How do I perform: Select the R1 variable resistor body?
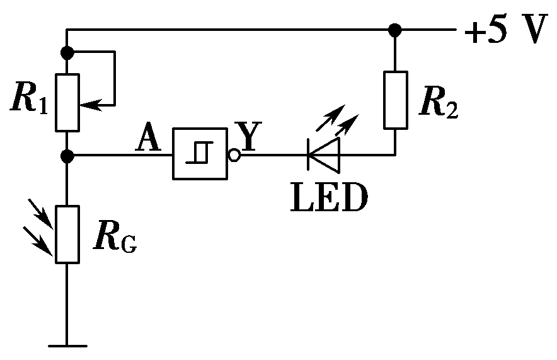(67, 103)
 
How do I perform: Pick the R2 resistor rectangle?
(395, 100)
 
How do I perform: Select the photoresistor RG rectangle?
(67, 234)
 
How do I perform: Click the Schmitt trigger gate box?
(201, 154)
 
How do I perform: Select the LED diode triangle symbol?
(324, 154)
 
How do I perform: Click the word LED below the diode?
(328, 197)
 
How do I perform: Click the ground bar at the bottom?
(67, 345)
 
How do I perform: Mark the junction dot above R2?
(395, 30)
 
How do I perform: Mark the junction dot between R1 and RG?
(67, 154)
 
